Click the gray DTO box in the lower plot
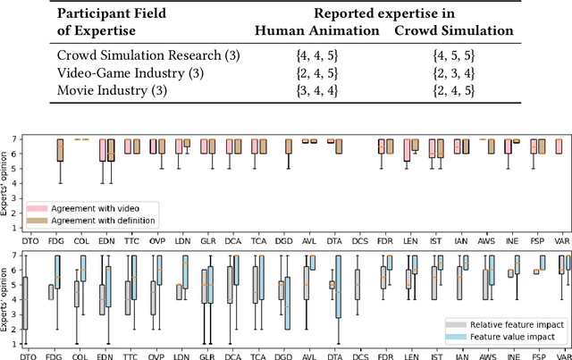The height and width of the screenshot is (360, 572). point(26,305)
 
